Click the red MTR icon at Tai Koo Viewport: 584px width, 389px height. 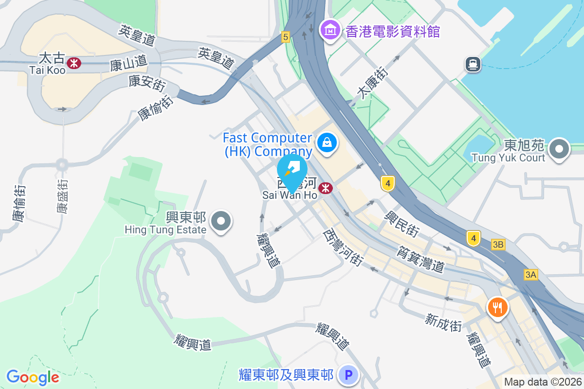74,63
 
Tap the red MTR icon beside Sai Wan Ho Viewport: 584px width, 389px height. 326,188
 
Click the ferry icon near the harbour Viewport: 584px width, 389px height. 473,64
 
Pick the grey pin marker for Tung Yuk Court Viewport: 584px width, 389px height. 559,148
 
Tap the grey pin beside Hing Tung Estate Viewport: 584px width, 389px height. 221,221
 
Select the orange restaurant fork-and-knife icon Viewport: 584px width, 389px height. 497,307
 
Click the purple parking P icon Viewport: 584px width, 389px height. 348,375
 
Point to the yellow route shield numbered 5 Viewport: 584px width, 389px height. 285,36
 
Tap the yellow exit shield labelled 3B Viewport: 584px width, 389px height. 498,245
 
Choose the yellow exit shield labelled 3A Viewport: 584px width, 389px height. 530,275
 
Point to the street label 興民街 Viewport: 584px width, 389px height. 402,224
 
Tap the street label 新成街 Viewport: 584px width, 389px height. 443,322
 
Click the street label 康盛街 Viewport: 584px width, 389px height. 62,196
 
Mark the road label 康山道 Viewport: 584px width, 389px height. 128,63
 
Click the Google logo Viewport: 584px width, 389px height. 33,377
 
